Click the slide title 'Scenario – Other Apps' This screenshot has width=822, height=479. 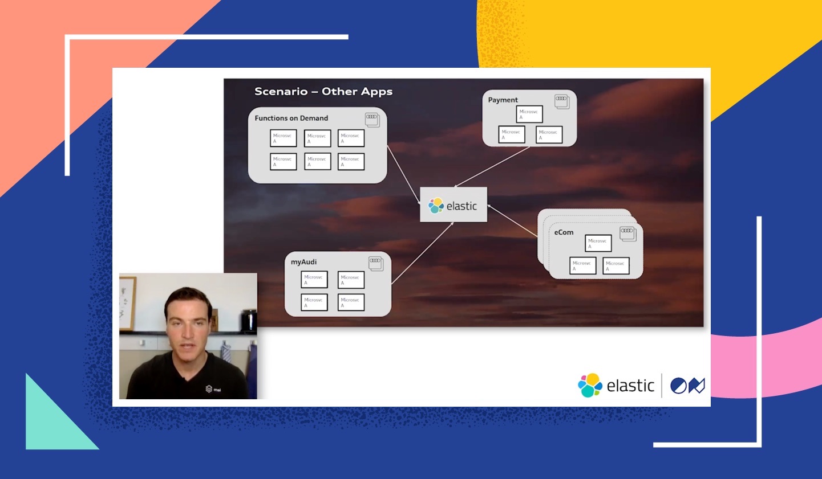coord(323,92)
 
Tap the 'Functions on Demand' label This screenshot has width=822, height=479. coord(291,118)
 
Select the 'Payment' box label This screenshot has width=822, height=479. coord(503,100)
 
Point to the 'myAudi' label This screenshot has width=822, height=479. coord(303,262)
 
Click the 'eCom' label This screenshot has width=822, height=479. coord(564,232)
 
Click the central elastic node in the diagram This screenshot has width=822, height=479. coord(453,205)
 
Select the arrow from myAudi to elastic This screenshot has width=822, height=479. coord(422,253)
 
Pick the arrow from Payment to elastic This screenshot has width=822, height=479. coord(492,167)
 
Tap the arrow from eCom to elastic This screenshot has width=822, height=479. coord(512,220)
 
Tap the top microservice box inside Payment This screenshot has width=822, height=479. coord(529,114)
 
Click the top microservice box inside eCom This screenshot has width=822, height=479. coord(598,243)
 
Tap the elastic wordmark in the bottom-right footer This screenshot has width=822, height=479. coord(630,386)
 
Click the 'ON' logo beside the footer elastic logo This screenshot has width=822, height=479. coord(687,386)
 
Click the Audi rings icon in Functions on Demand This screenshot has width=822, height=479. coord(372,119)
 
